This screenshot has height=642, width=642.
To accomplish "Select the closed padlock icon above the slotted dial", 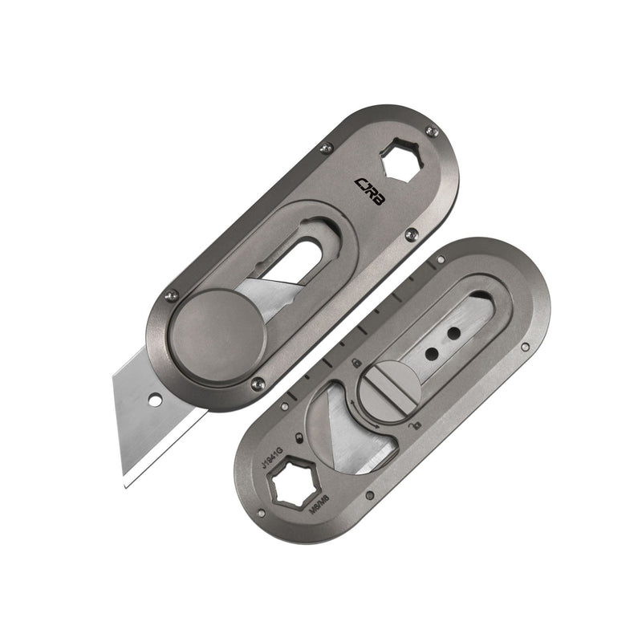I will point(355,365).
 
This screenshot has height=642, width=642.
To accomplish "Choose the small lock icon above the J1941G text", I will point(299,437).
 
